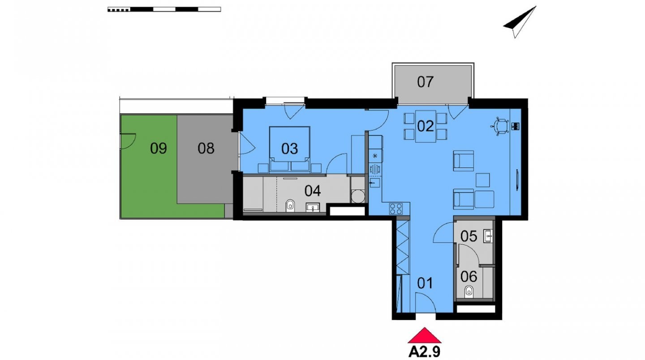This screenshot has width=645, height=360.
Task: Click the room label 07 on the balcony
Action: tap(425, 82)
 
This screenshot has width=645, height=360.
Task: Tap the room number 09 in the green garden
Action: tap(159, 149)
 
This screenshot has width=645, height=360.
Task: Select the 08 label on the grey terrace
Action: tap(206, 149)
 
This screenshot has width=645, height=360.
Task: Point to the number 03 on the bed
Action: tap(289, 149)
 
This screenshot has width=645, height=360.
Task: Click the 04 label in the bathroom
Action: tap(313, 191)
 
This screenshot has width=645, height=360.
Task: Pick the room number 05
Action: tap(469, 236)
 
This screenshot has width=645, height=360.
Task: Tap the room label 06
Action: tap(469, 277)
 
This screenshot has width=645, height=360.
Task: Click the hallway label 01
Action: tap(425, 283)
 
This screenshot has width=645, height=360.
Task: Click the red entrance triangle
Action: tap(425, 335)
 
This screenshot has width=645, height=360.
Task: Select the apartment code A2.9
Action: tap(425, 351)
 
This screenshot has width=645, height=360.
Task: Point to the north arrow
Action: tap(520, 22)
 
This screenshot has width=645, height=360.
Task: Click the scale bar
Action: tap(164, 9)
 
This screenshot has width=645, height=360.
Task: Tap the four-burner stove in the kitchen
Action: tap(396, 209)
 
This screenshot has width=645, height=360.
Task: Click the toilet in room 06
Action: tap(469, 292)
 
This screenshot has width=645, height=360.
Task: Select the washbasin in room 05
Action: tap(488, 236)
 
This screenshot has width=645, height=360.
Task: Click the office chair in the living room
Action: tap(500, 126)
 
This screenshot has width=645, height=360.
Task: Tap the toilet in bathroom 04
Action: tap(290, 206)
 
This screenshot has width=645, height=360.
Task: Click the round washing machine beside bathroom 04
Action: tap(358, 196)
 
